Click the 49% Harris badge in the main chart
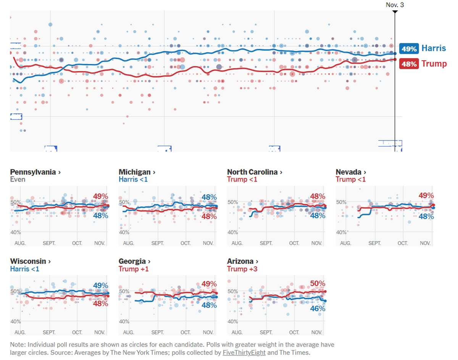point(409,49)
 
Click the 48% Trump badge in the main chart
point(409,64)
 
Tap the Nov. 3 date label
point(395,5)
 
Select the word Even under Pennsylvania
point(18,179)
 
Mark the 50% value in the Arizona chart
point(317,284)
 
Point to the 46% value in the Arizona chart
point(317,308)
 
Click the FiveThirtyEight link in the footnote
point(244,353)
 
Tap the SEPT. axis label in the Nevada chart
point(374,243)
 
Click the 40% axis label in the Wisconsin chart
point(16,321)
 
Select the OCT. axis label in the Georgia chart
point(185,333)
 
